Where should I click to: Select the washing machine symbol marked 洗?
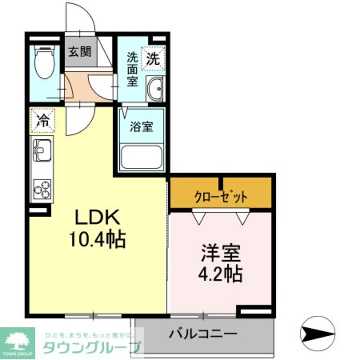click(x=153, y=59)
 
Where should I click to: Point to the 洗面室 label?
click(x=132, y=69)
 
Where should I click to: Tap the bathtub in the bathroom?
click(x=141, y=157)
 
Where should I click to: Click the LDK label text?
click(x=96, y=218)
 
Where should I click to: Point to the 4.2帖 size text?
click(x=220, y=275)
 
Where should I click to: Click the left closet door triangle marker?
click(x=199, y=217)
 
